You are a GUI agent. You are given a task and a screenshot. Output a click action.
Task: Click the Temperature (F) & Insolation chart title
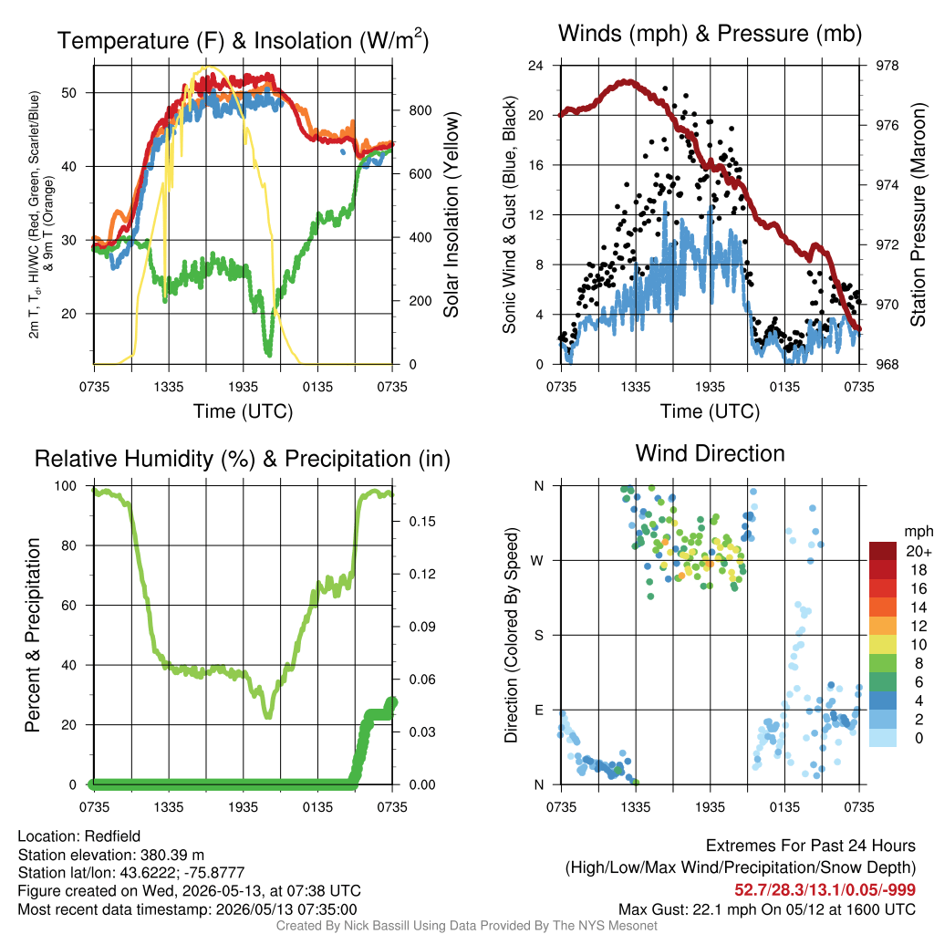click(243, 40)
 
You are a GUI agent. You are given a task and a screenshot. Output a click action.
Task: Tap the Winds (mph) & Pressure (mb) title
click(710, 34)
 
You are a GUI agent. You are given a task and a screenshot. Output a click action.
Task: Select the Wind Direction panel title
click(710, 453)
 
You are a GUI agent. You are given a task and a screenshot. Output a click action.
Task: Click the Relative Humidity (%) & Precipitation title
click(243, 460)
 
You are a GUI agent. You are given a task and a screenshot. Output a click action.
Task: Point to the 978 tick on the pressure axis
click(887, 66)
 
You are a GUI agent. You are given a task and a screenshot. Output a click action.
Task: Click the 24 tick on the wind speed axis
click(535, 66)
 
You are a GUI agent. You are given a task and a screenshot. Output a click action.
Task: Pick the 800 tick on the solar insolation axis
click(420, 110)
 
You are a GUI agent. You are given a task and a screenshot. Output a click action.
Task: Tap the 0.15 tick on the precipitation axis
click(422, 522)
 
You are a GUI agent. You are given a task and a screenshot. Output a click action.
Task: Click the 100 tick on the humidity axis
click(66, 486)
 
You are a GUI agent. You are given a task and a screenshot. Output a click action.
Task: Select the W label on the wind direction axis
click(537, 561)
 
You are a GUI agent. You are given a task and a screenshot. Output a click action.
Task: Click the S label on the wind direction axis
click(538, 636)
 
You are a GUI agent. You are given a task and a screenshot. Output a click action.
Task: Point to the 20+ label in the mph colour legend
click(918, 552)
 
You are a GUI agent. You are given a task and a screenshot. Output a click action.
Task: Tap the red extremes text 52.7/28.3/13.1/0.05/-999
click(825, 890)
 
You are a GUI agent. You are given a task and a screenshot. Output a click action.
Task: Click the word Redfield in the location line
click(112, 836)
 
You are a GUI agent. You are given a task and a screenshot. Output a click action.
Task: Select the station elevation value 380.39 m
click(172, 855)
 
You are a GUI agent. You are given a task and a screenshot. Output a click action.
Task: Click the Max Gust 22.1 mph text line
click(767, 909)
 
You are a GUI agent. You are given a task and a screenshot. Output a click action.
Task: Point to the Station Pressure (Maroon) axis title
click(918, 214)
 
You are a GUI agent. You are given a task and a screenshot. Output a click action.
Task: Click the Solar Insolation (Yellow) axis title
click(451, 214)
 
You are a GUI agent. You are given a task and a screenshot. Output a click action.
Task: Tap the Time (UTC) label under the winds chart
click(710, 411)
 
